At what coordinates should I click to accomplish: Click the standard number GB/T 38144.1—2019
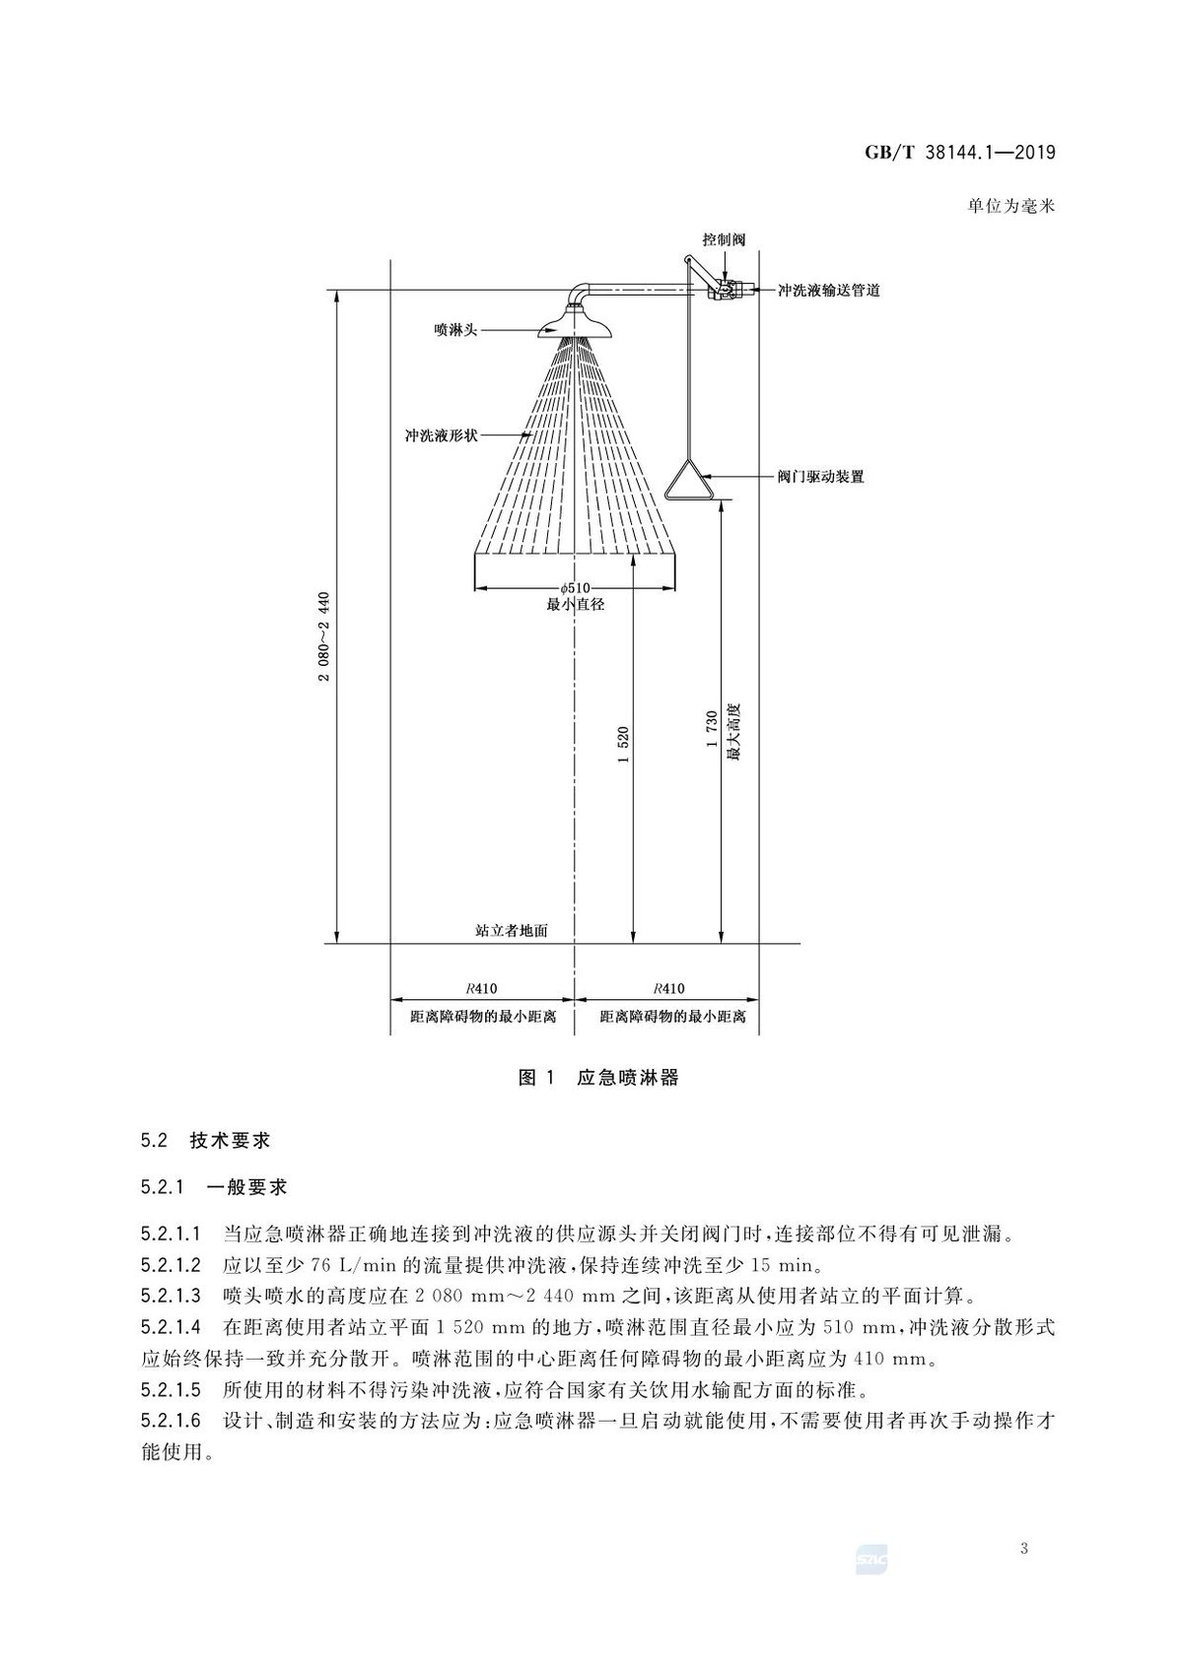point(960,153)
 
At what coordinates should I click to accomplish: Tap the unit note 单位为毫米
point(1011,207)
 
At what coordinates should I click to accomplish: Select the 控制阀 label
point(724,239)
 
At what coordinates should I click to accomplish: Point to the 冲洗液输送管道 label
point(828,291)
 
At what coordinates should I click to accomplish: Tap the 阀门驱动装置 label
point(820,476)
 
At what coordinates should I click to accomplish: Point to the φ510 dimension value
point(575,588)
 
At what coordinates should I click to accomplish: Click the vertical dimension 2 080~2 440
point(324,637)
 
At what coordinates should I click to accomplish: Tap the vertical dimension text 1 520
point(623,744)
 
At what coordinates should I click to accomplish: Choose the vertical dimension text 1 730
point(712,729)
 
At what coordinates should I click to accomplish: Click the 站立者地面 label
point(512,931)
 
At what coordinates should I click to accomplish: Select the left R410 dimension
point(481,988)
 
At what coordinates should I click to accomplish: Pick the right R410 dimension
point(668,988)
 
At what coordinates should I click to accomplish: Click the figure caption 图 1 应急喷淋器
point(597,1077)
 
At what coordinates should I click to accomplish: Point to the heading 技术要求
point(230,1141)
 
